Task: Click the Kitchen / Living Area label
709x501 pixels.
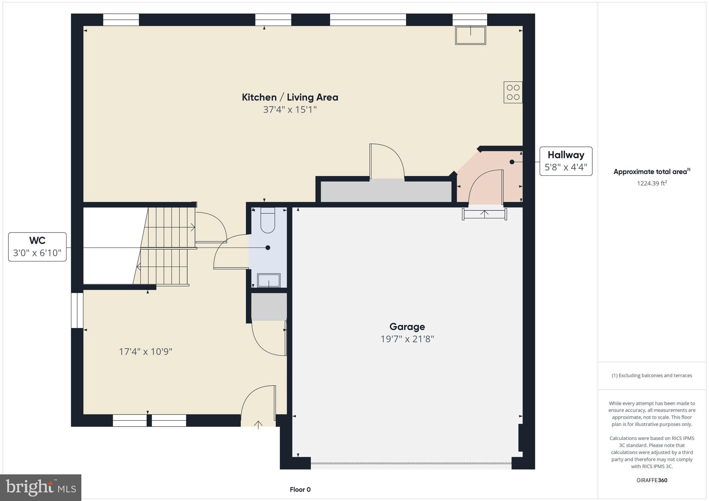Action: tap(290, 97)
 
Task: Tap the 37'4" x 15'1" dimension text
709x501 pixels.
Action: tap(290, 110)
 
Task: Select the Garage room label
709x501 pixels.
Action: tap(407, 327)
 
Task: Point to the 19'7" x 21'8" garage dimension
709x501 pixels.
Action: tap(407, 339)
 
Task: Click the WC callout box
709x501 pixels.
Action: tap(37, 247)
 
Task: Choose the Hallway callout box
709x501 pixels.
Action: tap(566, 161)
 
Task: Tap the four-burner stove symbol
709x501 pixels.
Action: tap(513, 92)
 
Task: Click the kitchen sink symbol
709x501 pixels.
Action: tap(470, 35)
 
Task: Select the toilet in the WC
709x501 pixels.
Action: tap(268, 221)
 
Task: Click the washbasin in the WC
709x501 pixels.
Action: tap(269, 280)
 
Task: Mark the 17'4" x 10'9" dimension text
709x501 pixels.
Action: tap(145, 352)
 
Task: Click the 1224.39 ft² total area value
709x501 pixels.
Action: tap(652, 183)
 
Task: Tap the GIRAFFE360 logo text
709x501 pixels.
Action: tap(652, 480)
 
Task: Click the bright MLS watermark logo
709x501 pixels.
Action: tap(41, 487)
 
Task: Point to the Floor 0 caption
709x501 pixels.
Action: tap(300, 490)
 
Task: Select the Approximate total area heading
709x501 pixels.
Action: tap(651, 172)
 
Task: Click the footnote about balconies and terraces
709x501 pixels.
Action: tap(652, 375)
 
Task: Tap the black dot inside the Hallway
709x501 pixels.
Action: tap(512, 162)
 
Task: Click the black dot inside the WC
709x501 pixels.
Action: tap(268, 248)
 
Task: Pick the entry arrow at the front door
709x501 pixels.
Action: tap(258, 425)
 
